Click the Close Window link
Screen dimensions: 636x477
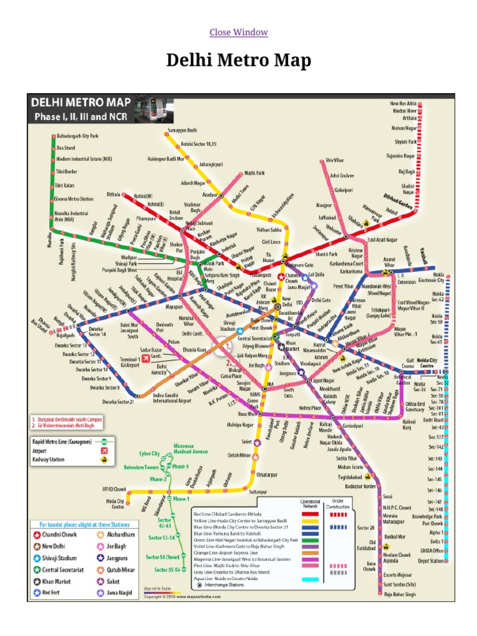(238, 32)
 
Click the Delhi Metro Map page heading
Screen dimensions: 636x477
(238, 61)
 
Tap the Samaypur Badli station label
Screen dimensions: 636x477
(182, 130)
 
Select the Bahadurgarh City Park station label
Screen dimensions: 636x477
(78, 135)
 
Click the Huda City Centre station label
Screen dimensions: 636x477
(118, 504)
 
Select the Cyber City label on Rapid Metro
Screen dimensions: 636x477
(149, 454)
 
